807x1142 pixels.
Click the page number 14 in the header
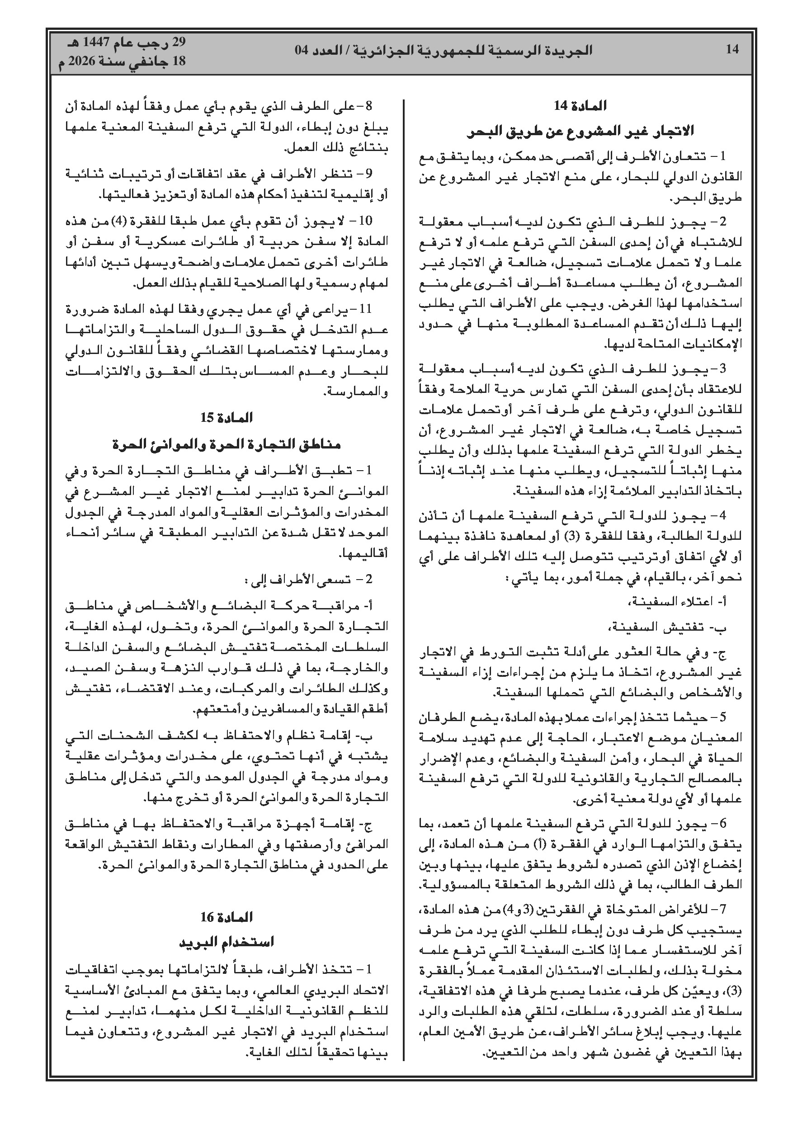(x=732, y=49)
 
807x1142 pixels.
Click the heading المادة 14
(x=580, y=106)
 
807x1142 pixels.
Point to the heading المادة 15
(x=227, y=418)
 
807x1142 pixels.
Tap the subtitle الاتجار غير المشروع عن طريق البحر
(x=580, y=132)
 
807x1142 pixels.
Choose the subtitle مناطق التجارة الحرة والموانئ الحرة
(x=227, y=444)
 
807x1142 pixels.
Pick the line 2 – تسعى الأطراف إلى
(x=308, y=580)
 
